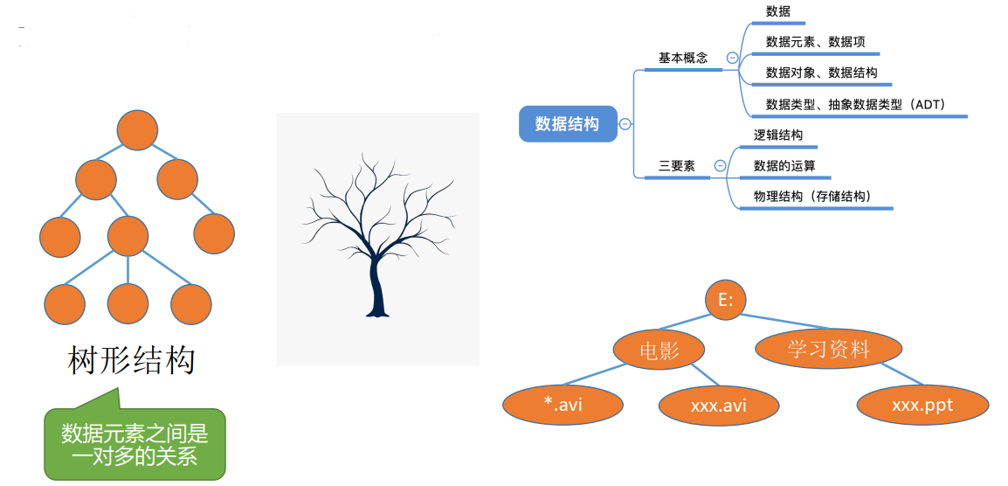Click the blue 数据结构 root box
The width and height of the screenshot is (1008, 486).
pyautogui.click(x=567, y=124)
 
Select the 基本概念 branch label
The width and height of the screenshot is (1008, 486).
pyautogui.click(x=683, y=58)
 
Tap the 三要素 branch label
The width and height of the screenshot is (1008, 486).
pyautogui.click(x=677, y=165)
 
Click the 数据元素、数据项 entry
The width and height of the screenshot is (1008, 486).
pyautogui.click(x=816, y=41)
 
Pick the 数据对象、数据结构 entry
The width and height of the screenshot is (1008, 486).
pyautogui.click(x=821, y=73)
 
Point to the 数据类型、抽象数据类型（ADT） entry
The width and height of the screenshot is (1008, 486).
pyautogui.click(x=855, y=104)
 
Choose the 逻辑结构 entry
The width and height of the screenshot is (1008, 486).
pyautogui.click(x=778, y=135)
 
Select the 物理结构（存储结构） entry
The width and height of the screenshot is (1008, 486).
pyautogui.click(x=812, y=196)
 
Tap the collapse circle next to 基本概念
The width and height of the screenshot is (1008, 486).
pyautogui.click(x=732, y=59)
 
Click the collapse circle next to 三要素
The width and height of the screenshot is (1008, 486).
pyautogui.click(x=720, y=165)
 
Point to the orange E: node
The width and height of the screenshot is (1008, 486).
pyautogui.click(x=726, y=300)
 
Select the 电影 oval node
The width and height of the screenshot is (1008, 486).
pyautogui.click(x=659, y=351)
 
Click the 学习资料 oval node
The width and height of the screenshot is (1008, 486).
pyautogui.click(x=828, y=349)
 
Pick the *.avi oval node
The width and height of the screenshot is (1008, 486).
pyautogui.click(x=563, y=405)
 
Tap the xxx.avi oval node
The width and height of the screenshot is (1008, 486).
pyautogui.click(x=719, y=406)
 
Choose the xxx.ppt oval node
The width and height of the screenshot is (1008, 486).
pyautogui.click(x=922, y=405)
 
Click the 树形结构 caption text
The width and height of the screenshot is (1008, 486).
pyautogui.click(x=131, y=360)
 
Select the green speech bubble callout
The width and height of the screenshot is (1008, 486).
pyautogui.click(x=135, y=444)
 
